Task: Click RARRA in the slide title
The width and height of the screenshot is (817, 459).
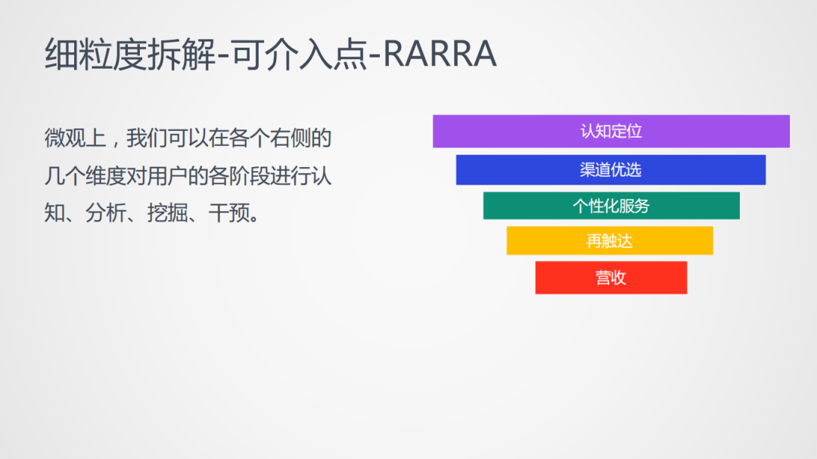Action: [x=440, y=54]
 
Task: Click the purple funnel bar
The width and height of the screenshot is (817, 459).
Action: [x=611, y=132]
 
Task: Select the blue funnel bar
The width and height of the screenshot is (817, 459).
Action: [x=610, y=170]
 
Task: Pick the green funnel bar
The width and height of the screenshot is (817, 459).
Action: [x=611, y=206]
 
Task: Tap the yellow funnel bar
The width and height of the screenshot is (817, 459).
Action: [x=610, y=240]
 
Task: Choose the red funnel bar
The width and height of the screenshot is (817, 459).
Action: [x=611, y=278]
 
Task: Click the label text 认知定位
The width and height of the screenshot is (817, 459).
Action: [x=611, y=132]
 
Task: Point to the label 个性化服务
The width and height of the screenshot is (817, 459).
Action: [x=611, y=206]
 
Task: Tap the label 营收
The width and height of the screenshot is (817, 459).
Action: [x=610, y=278]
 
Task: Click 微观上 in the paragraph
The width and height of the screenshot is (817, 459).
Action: [x=75, y=138]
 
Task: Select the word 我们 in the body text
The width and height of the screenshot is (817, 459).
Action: [x=147, y=138]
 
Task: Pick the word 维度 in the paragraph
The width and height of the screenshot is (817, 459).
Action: [x=107, y=176]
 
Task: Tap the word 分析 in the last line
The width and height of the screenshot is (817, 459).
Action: [x=106, y=213]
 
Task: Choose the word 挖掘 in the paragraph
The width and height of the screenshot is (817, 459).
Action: [x=167, y=213]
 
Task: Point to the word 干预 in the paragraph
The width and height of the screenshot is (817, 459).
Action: [x=228, y=213]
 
